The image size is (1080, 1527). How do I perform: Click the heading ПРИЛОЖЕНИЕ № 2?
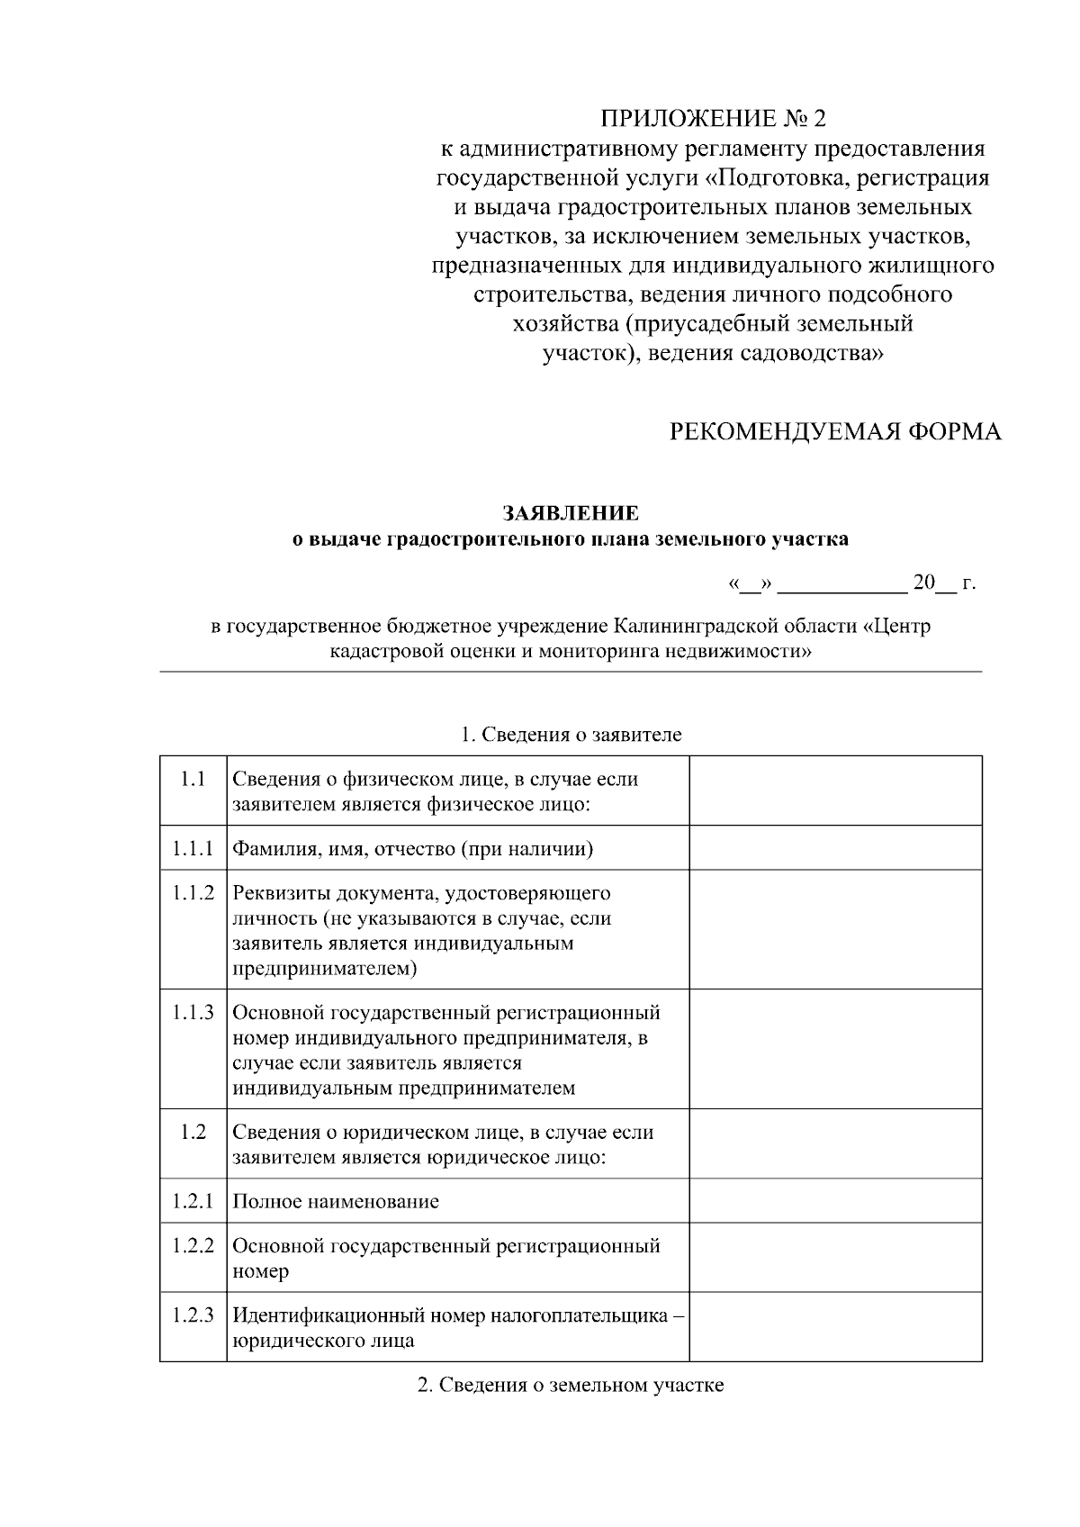pos(713,119)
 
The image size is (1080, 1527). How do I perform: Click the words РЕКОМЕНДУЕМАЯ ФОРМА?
pos(835,431)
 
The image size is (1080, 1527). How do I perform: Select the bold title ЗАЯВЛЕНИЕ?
pos(571,513)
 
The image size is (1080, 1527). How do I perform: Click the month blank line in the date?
pos(842,589)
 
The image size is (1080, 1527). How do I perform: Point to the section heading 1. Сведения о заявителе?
pos(571,734)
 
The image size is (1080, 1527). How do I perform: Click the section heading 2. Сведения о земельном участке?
pos(571,1385)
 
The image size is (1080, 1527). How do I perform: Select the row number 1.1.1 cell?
pos(193,848)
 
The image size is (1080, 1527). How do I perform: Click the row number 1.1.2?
pos(193,893)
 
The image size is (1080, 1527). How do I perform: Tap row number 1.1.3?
pos(193,1012)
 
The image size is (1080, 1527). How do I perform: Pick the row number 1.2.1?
pos(193,1200)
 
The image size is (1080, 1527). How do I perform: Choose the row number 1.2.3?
pos(193,1315)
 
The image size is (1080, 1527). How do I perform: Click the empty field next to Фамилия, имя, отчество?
pos(835,848)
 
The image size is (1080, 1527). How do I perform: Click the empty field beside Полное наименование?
pos(835,1200)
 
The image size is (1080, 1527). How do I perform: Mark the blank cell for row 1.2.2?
pos(835,1257)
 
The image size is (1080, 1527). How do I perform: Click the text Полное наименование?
pos(336,1201)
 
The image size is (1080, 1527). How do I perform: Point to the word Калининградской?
pos(691,626)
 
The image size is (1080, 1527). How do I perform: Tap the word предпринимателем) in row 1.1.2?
pos(325,969)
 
